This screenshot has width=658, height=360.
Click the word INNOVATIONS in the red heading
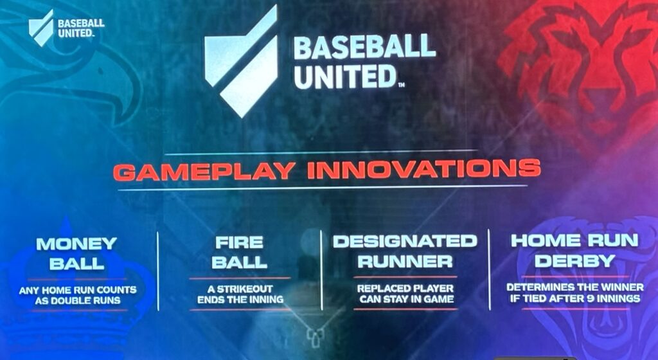tap(423, 170)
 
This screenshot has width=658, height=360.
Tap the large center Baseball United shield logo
tap(242, 61)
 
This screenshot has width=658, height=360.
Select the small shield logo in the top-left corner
tap(41, 28)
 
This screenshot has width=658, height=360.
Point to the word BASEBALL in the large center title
tap(364, 47)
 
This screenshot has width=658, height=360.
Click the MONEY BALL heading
tap(76, 253)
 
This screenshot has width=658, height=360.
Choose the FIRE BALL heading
tap(238, 252)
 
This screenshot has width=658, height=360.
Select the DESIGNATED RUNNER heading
tap(405, 251)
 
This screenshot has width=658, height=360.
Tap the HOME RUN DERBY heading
tap(574, 250)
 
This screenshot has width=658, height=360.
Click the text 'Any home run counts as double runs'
tap(76, 295)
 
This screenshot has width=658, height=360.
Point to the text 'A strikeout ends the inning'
tap(238, 294)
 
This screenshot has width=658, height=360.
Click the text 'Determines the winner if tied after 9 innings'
tap(574, 292)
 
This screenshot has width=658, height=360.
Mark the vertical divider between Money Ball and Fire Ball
tap(158, 271)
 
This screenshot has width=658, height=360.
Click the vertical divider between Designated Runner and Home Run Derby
tap(490, 270)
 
